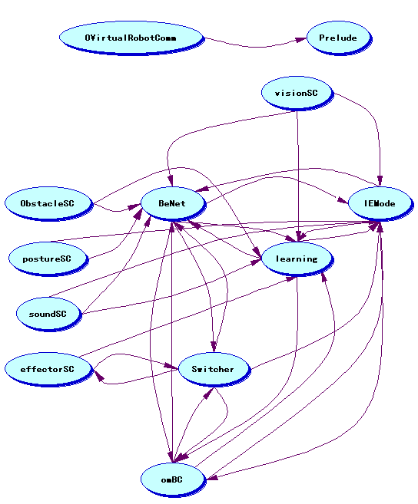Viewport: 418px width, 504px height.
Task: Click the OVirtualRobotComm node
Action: coord(131,38)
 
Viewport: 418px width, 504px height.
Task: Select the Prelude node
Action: coord(339,38)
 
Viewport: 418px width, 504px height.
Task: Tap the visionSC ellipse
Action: coord(297,94)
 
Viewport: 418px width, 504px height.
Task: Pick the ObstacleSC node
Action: coord(48,203)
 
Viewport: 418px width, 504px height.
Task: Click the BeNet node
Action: coord(173,203)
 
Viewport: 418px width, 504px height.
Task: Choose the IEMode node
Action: coord(380,203)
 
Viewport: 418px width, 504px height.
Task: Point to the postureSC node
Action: coord(48,259)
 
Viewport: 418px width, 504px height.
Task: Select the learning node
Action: coord(297,259)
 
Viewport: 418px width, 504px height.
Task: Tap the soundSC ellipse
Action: coord(48,314)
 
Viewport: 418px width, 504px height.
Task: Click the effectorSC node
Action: coord(48,369)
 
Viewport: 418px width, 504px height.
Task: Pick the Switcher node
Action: coord(214,369)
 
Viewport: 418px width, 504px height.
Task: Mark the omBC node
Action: coord(173,479)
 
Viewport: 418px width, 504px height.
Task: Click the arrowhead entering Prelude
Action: coord(301,40)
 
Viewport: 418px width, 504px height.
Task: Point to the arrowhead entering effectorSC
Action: coord(98,375)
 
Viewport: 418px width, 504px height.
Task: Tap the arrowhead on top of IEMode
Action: coord(380,181)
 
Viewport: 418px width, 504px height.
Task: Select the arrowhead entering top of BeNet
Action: coord(171,181)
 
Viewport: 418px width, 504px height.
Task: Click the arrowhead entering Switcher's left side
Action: coord(172,366)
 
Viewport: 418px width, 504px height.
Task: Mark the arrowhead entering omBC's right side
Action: coord(213,477)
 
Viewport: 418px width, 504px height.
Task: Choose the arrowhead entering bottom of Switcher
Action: coord(209,393)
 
